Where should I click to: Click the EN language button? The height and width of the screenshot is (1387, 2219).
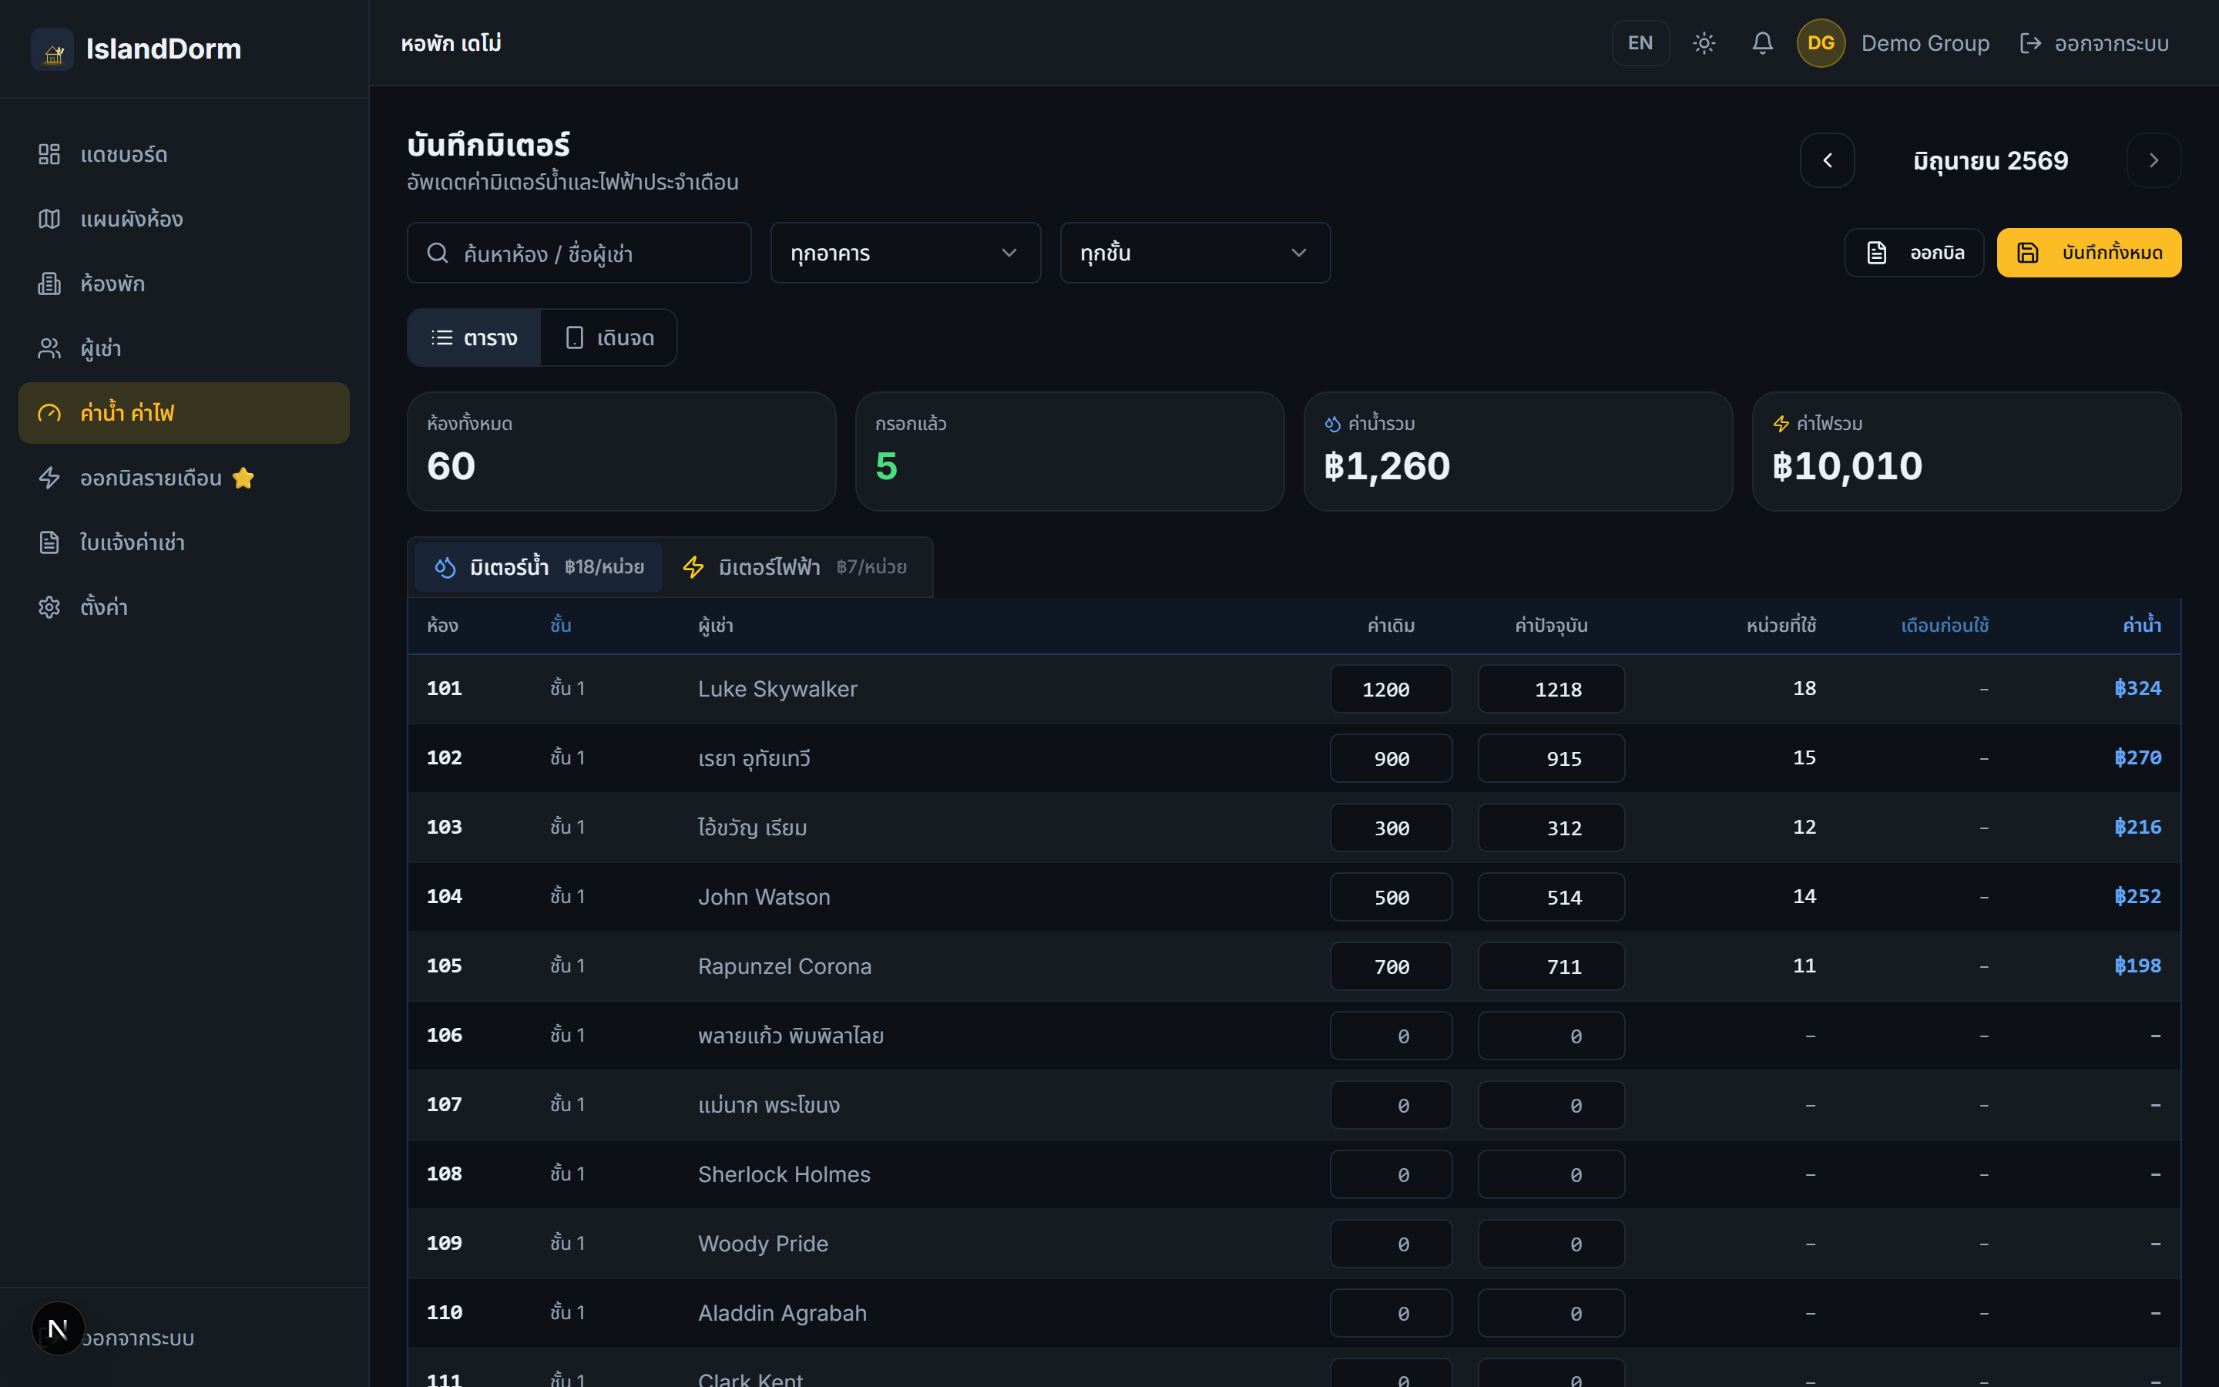1640,43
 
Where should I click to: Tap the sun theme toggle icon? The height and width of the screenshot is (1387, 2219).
1704,43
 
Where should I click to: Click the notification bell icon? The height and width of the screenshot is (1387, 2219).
1761,43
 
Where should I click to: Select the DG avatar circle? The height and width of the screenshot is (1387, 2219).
1820,43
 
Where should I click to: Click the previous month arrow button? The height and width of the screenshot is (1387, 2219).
1827,160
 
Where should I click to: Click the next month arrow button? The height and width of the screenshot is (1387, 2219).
2153,160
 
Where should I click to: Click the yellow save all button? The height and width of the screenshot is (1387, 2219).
2089,252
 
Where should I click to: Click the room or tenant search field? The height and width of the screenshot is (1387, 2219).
579,254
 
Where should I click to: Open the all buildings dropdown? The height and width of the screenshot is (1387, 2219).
905,254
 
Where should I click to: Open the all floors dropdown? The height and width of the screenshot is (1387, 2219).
1195,254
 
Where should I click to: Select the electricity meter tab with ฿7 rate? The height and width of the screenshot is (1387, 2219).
794,567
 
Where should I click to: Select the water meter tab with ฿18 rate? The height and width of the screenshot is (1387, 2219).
539,567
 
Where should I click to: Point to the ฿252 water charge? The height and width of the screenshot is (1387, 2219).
2137,896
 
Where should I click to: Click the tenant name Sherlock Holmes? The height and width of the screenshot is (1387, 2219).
784,1174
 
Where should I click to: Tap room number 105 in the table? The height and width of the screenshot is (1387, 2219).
445,966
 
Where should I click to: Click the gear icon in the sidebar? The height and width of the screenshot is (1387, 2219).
49,607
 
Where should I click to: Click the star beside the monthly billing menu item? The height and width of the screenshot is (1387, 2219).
243,478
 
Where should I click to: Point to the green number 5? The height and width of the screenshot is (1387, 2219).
886,466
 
